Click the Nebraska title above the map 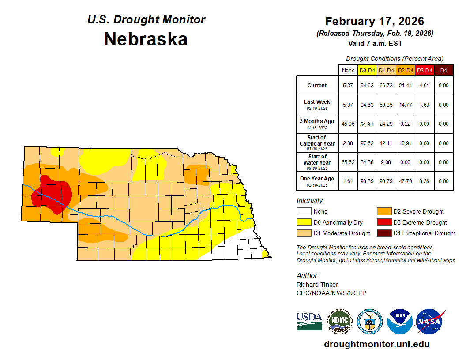[146, 39]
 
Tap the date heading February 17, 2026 [374, 21]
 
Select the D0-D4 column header [367, 70]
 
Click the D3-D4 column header [424, 70]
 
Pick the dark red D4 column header [443, 70]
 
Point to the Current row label [317, 86]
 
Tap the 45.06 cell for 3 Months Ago [348, 124]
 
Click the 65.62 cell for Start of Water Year [348, 162]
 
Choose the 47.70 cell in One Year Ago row [405, 181]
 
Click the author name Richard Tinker [317, 285]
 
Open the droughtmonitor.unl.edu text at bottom [376, 344]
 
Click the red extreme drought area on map [53, 194]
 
